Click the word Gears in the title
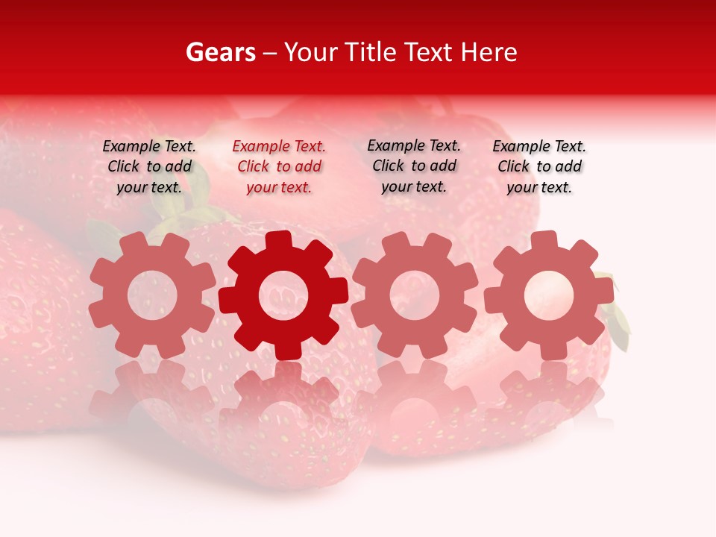pos(220,52)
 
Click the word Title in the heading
pos(372,52)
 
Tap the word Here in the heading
pos(489,52)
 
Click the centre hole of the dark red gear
pos(283,295)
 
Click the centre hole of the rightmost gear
pos(548,295)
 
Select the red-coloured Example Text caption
pos(279,167)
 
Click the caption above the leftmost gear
pos(149,167)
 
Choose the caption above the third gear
pos(414,166)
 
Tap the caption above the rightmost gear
pos(539,167)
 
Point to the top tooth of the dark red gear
pos(279,240)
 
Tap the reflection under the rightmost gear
pos(548,395)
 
